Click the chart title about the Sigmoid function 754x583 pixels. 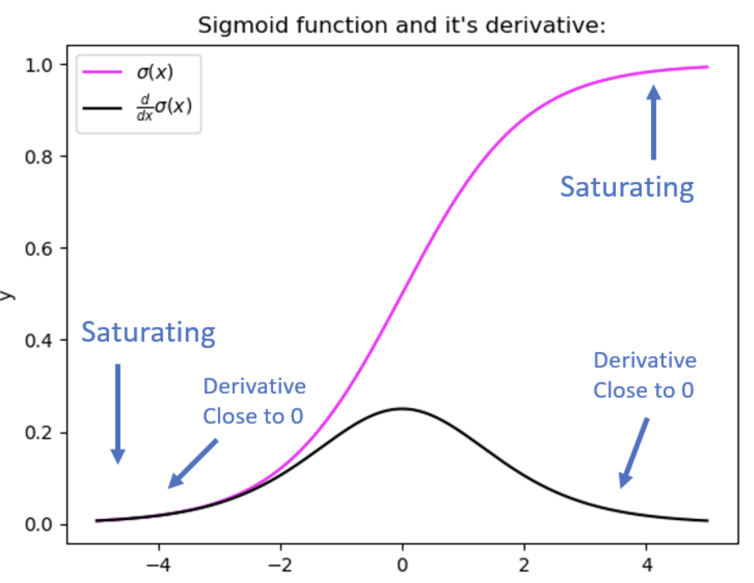click(x=401, y=25)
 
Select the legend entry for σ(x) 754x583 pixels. click(x=155, y=72)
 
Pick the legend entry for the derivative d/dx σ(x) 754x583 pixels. click(x=164, y=107)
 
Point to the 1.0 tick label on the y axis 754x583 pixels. click(x=39, y=65)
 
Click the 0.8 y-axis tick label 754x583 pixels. click(x=39, y=157)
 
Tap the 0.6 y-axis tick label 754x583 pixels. click(x=39, y=249)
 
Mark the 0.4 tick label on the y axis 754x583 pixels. click(x=39, y=341)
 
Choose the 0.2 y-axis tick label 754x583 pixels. click(x=39, y=433)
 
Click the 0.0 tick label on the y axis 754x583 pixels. click(x=39, y=524)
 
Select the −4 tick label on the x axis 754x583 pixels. click(x=159, y=565)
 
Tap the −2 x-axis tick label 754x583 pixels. click(x=280, y=565)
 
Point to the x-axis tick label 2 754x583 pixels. click(x=524, y=565)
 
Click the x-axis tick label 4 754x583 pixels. click(x=647, y=565)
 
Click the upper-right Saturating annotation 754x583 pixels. click(x=627, y=187)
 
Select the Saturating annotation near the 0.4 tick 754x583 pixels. click(x=149, y=332)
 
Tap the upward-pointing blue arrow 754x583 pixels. click(x=653, y=122)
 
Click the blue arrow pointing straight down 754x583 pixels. click(x=118, y=414)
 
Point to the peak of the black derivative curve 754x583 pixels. click(x=402, y=409)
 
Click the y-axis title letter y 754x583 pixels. click(x=7, y=295)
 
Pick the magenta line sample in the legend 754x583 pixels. click(x=102, y=72)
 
